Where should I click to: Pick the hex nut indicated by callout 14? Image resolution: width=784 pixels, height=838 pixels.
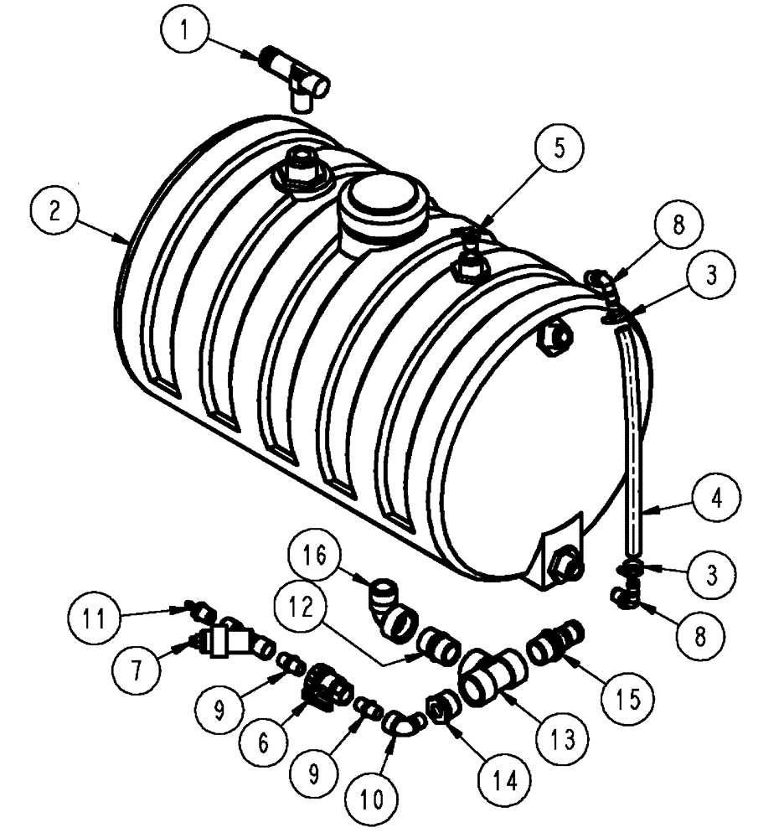pyautogui.click(x=440, y=711)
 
